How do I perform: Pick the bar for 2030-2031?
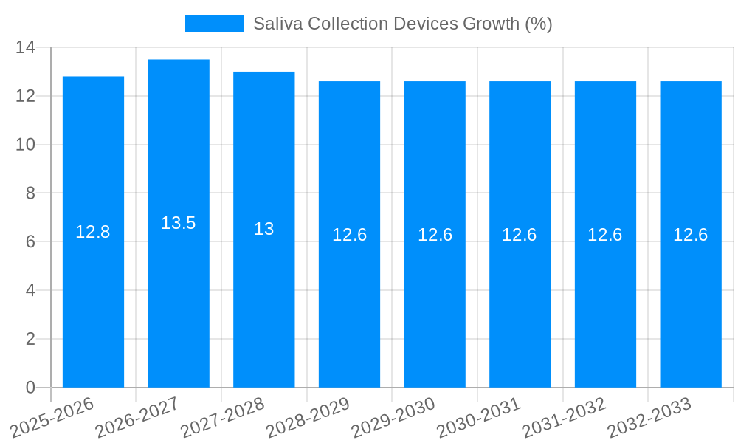click(x=520, y=310)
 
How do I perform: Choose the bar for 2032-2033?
click(x=691, y=310)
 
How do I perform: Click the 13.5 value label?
click(x=179, y=223)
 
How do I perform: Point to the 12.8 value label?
click(x=93, y=232)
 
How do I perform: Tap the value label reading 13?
click(x=263, y=229)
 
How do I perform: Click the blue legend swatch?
click(x=214, y=24)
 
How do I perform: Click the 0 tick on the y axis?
click(x=30, y=388)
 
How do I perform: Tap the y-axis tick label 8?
click(x=30, y=193)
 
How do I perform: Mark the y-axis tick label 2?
click(x=30, y=339)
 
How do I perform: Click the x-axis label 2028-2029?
click(x=307, y=419)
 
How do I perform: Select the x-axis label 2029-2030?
click(x=393, y=419)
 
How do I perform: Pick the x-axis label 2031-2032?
click(x=563, y=419)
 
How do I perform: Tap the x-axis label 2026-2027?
click(x=137, y=419)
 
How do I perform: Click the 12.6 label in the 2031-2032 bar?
click(x=605, y=235)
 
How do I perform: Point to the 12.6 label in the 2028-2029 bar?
click(x=349, y=235)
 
